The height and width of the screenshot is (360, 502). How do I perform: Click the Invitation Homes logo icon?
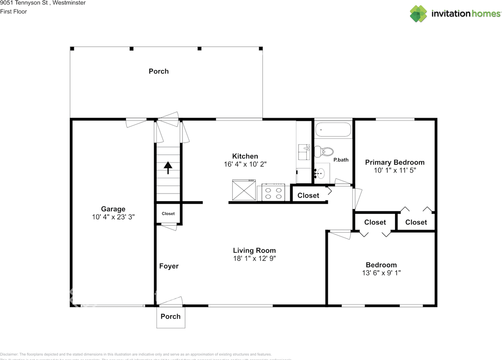[x=418, y=13]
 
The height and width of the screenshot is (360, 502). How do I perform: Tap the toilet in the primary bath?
[x=324, y=151]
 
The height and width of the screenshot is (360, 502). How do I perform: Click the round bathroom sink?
[x=321, y=173]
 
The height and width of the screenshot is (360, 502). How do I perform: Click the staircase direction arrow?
[x=168, y=167]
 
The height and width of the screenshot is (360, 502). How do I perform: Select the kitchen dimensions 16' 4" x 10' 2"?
[x=245, y=164]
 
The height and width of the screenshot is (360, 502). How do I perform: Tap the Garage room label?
[x=113, y=209]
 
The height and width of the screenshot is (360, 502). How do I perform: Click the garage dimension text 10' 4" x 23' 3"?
[x=113, y=217]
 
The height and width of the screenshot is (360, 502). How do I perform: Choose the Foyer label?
[x=169, y=266]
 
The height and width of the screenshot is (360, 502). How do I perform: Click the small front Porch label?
[x=171, y=316]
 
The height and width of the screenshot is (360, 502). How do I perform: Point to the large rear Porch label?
[x=158, y=71]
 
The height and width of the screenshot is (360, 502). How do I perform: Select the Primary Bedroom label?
[x=395, y=162]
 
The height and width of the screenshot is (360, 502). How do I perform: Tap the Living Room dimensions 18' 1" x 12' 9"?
[x=254, y=258]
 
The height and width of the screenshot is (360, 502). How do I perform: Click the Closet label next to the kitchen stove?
[x=308, y=195]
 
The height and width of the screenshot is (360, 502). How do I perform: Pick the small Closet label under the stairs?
[x=168, y=214]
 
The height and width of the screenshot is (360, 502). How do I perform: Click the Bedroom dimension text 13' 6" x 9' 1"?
[x=381, y=273]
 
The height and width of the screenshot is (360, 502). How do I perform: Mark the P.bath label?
[x=341, y=160]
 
